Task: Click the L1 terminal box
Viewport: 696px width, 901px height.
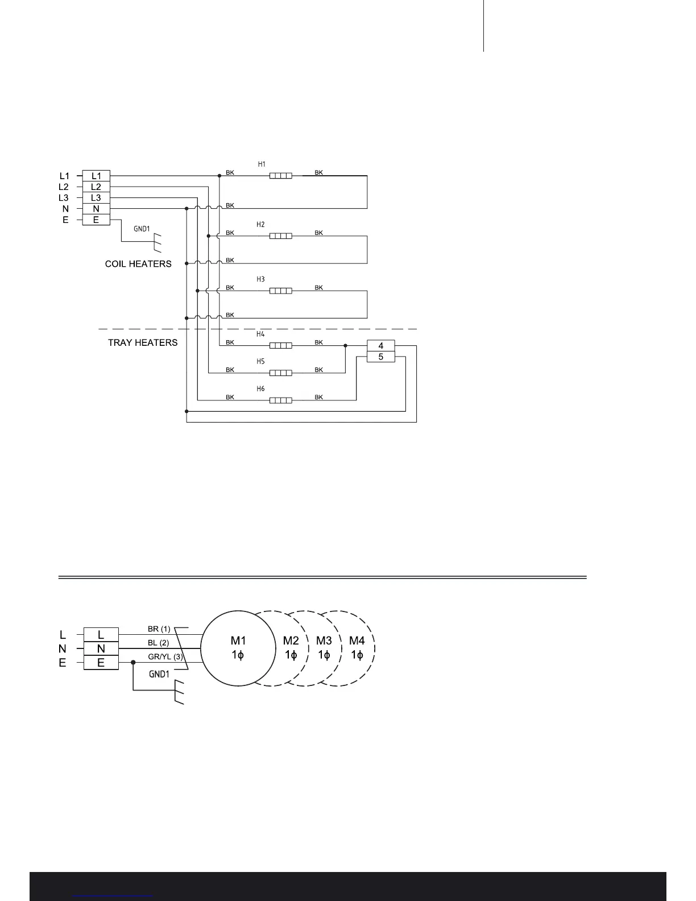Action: tap(96, 176)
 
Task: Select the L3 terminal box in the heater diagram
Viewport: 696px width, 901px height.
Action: tap(96, 197)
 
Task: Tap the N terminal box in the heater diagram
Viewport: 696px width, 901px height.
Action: tap(96, 209)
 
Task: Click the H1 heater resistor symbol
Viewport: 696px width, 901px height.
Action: tap(280, 176)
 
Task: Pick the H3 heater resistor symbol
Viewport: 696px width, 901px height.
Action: tap(280, 291)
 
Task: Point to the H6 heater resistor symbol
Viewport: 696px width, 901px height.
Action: tap(280, 400)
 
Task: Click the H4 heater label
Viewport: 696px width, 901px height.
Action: tap(260, 334)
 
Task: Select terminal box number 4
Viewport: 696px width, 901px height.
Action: tap(381, 346)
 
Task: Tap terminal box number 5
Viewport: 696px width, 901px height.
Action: tap(381, 357)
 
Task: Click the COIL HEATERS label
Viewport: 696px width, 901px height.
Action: tap(138, 264)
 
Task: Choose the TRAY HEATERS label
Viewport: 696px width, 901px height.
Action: tap(143, 342)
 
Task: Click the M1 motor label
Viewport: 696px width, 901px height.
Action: tap(238, 641)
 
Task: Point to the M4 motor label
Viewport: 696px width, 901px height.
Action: tap(357, 641)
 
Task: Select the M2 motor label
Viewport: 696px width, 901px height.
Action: tap(291, 641)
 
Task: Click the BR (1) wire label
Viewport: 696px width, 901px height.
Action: tap(159, 629)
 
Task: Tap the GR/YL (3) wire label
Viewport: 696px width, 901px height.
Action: tap(165, 657)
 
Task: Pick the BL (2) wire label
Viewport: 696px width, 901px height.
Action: tap(159, 643)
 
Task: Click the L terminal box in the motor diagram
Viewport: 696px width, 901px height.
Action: tap(101, 634)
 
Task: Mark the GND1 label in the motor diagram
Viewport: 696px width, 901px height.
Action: tap(159, 675)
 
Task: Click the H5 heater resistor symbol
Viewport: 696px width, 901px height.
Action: tap(280, 373)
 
